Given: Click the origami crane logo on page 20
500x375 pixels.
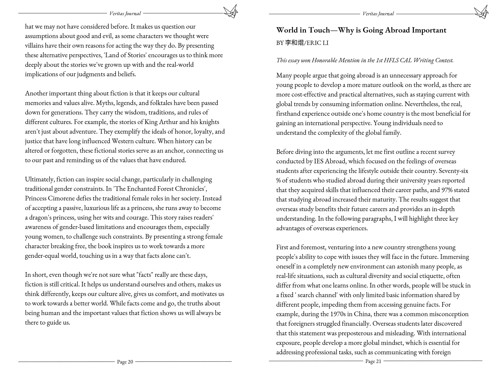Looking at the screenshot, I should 230,11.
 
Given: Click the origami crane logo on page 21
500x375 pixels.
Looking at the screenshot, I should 481,12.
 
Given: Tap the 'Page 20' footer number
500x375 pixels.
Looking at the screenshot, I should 125,362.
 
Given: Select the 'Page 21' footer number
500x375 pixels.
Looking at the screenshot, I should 373,361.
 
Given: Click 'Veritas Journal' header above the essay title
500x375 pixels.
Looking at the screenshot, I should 378,14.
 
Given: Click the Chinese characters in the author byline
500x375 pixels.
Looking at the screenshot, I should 294,43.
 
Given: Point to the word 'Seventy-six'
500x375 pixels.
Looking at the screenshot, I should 453,171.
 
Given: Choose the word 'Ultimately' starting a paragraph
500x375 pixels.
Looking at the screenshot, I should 39,179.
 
